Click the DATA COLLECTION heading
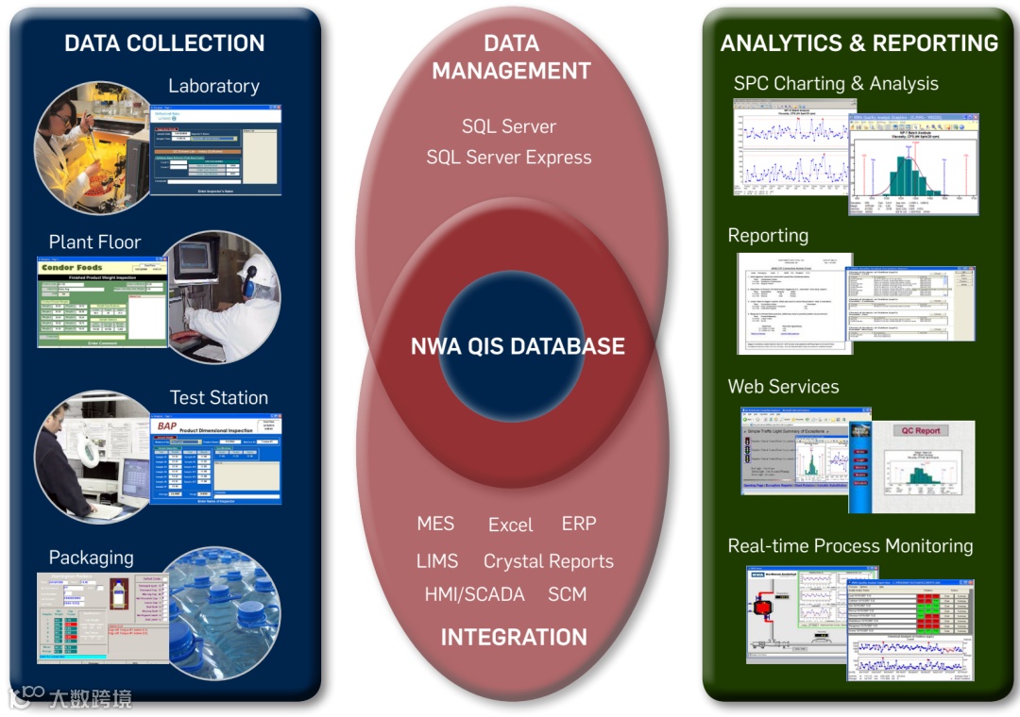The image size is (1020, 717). (164, 43)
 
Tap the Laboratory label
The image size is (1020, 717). (213, 86)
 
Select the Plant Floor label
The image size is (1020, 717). (94, 242)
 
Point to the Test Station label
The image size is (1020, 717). (219, 398)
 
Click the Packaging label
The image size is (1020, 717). (92, 558)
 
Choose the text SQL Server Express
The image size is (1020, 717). (509, 158)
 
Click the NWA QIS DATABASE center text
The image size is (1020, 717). (518, 346)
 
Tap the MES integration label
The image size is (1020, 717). (435, 524)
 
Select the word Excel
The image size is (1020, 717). (511, 525)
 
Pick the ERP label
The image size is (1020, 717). (579, 524)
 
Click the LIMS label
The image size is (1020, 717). (437, 561)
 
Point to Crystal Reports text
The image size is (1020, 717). (549, 562)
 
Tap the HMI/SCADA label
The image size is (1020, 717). (469, 594)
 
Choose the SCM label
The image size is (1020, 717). (568, 594)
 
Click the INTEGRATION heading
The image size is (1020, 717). (514, 637)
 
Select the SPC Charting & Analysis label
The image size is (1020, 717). (836, 83)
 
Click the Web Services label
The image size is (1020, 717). (783, 387)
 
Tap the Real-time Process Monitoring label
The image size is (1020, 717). (850, 546)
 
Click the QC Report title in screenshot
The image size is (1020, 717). (921, 431)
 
